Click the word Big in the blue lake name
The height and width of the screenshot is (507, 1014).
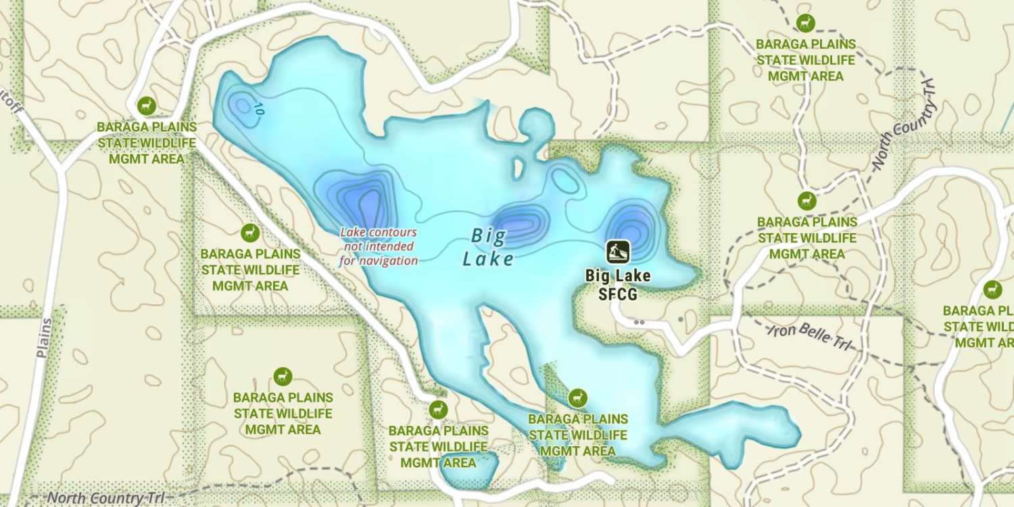(489, 236)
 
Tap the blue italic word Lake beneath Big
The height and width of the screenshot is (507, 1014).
(489, 259)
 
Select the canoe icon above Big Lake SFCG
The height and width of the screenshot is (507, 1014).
(618, 251)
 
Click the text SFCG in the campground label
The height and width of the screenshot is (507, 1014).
(618, 294)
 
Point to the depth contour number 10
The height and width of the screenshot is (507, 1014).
(257, 108)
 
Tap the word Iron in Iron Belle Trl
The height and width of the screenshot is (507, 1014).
(783, 331)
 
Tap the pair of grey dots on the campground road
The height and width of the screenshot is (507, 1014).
(639, 322)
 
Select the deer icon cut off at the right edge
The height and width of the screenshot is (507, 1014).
(992, 289)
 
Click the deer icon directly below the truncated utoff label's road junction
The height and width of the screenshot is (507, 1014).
(147, 106)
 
